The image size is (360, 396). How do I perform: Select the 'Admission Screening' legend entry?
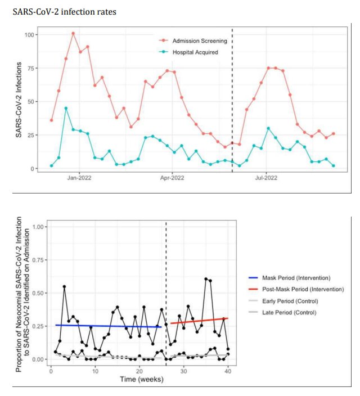coord(199,41)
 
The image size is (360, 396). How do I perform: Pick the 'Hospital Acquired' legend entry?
coord(195,52)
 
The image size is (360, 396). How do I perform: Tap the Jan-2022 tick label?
coord(79,178)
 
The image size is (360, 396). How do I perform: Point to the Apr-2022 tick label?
coord(172,178)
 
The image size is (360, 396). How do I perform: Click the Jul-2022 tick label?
coord(265,178)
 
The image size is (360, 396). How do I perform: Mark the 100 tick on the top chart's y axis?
coord(29,35)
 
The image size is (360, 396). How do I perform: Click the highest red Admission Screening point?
coord(73,33)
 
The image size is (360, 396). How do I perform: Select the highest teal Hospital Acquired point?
coord(66,108)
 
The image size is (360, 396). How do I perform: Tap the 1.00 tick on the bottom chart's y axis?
coord(39,227)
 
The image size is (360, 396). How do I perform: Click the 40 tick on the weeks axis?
coord(227,371)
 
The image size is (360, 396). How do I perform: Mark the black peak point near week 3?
coord(64,286)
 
